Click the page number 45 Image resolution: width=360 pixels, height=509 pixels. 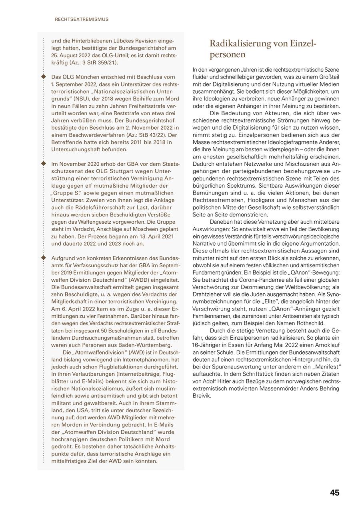[334, 493]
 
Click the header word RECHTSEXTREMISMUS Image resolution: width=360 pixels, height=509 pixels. [82, 19]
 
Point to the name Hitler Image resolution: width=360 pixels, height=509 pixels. [228, 381]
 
